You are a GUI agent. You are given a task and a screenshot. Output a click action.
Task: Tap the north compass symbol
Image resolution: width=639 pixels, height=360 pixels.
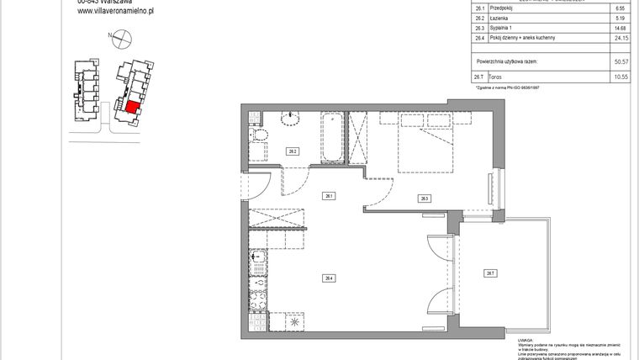click(x=122, y=37)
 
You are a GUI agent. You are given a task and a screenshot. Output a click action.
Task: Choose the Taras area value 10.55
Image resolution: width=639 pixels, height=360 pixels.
click(x=621, y=77)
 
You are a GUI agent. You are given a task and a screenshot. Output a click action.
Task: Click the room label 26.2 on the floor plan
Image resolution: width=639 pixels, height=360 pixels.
click(x=293, y=151)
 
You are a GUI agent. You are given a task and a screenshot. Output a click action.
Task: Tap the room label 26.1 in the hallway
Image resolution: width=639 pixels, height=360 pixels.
click(x=329, y=196)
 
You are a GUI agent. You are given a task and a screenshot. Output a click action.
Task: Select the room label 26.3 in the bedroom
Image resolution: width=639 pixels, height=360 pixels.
click(x=425, y=199)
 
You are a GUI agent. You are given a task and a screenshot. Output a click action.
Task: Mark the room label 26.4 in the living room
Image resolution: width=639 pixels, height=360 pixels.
click(x=330, y=278)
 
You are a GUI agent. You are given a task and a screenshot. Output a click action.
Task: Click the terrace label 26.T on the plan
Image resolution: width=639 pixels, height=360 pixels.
click(x=489, y=272)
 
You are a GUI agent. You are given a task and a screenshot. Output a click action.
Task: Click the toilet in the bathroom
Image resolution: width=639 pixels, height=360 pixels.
click(x=260, y=138)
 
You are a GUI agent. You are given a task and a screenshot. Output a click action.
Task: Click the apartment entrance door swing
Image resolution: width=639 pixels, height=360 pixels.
click(x=256, y=185)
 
